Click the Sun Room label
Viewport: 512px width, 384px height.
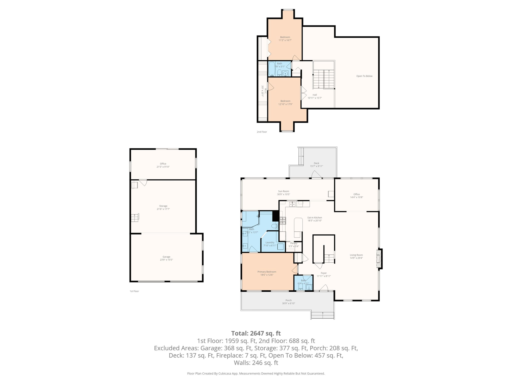[283, 191]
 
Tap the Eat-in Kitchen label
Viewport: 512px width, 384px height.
[314, 217]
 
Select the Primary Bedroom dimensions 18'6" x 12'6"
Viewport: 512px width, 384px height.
[267, 275]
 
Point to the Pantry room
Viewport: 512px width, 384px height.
[294, 244]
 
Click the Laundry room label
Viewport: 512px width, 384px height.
[270, 242]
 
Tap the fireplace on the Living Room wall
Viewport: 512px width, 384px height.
[379, 258]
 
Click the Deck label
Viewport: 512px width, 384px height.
[316, 163]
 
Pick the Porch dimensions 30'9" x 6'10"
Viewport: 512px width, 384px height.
[288, 303]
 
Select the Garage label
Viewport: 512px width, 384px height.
[166, 257]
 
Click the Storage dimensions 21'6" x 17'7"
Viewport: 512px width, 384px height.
[163, 209]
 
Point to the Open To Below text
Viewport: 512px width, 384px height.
[364, 76]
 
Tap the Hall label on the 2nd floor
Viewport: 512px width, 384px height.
[314, 95]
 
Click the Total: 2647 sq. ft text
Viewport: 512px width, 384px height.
[256, 333]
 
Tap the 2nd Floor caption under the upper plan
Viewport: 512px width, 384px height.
[262, 132]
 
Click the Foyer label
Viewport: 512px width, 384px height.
[323, 273]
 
